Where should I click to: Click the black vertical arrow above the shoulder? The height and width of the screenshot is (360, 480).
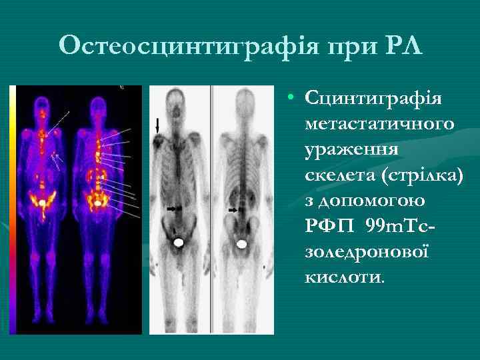click(x=158, y=125)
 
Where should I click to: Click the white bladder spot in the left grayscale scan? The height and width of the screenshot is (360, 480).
click(x=178, y=243)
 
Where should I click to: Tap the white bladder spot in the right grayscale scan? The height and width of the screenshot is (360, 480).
click(x=241, y=243)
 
